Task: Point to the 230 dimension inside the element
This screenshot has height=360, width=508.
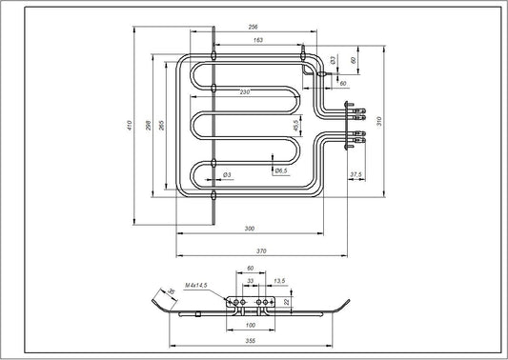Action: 245,91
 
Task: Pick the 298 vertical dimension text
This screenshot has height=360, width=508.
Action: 147,126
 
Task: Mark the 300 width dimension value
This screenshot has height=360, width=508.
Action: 250,229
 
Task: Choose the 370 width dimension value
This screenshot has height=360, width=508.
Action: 259,250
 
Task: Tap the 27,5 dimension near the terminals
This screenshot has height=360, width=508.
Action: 356,173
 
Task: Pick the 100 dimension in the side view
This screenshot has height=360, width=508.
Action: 250,325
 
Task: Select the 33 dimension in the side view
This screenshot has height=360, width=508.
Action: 251,282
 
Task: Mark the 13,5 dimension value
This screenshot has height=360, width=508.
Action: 278,282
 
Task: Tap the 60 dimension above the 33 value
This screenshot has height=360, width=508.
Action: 250,270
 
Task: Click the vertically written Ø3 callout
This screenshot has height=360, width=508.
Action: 331,60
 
